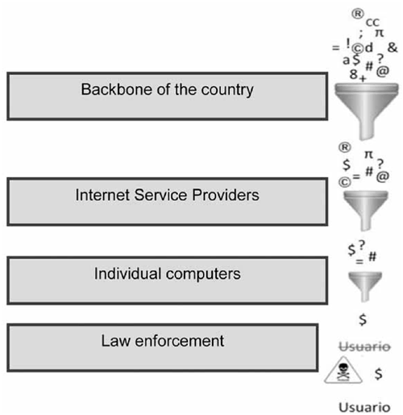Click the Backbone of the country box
point(167,96)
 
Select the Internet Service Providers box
point(167,201)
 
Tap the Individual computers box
point(167,280)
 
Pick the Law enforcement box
point(163,347)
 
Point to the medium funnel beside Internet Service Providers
point(366,210)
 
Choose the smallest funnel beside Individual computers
point(365,286)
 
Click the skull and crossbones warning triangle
point(343,370)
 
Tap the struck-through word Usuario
point(364,347)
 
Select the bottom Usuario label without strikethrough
point(364,407)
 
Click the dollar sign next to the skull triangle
point(378,373)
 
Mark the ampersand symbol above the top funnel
point(393,48)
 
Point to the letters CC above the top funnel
point(372,23)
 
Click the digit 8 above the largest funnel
point(354,74)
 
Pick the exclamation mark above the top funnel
point(348,44)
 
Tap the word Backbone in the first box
point(117,89)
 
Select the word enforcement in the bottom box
point(180,341)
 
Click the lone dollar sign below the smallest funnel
point(363,320)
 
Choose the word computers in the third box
point(203,274)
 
